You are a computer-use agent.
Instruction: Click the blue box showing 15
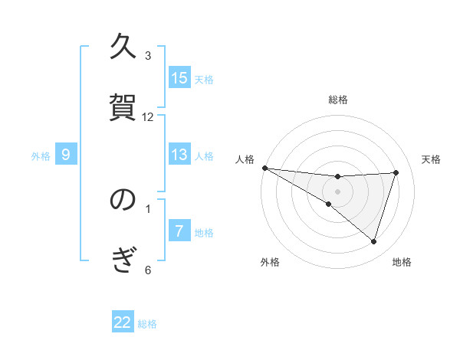click(179, 78)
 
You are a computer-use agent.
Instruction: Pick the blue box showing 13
click(179, 155)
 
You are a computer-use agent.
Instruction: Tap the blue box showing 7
click(179, 231)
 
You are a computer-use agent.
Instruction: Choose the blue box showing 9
click(66, 155)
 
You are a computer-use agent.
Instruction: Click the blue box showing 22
click(123, 322)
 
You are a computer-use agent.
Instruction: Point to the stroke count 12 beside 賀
click(148, 117)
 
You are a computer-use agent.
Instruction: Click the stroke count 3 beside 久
click(148, 56)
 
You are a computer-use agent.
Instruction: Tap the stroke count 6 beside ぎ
click(148, 269)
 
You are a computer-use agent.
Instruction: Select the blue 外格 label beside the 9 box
click(41, 155)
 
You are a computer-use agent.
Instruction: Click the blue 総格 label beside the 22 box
click(147, 323)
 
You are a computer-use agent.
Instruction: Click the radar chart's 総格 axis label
click(338, 100)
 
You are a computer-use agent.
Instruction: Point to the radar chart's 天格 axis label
click(432, 159)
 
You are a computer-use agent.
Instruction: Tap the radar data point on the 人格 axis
click(264, 167)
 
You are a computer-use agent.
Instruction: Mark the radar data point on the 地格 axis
click(373, 241)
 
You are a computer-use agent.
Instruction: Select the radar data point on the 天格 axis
click(396, 172)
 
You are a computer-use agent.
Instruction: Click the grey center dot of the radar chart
click(337, 191)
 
